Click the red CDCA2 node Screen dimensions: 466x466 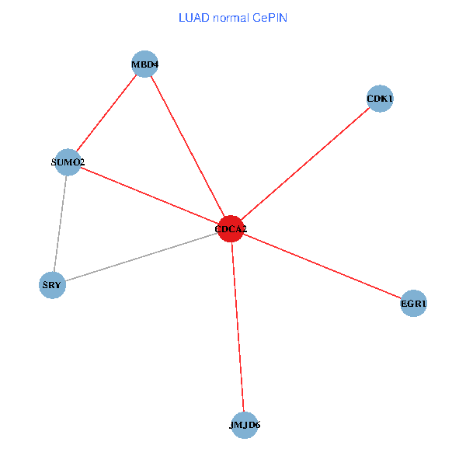pos(231,229)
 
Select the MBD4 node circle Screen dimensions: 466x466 pos(145,64)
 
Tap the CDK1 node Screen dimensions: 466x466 pos(380,99)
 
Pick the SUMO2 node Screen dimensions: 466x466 pos(68,162)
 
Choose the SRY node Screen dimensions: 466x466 pos(52,285)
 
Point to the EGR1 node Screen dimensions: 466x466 pos(414,304)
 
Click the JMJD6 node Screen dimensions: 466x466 pos(245,425)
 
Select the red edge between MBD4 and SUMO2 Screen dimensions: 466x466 pos(106,113)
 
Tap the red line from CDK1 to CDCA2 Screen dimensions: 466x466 pos(305,164)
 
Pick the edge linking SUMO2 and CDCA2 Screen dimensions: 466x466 pos(150,196)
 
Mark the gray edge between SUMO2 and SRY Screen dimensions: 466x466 pos(61,224)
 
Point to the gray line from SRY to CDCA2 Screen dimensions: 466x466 pos(141,257)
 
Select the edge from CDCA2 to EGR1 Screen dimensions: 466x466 pos(322,266)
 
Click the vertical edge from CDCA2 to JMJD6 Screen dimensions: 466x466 pos(238,327)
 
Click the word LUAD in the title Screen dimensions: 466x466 pos(193,17)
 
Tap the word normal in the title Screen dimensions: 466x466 pos(230,17)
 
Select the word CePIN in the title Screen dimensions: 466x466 pos(270,17)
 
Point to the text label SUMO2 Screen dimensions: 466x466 pos(68,162)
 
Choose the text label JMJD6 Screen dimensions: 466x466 pos(245,426)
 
